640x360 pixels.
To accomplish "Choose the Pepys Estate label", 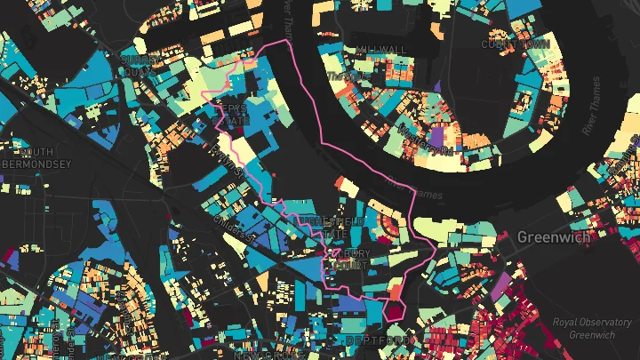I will tap(234, 114).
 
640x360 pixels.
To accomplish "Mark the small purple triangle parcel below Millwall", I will tap(436, 85).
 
